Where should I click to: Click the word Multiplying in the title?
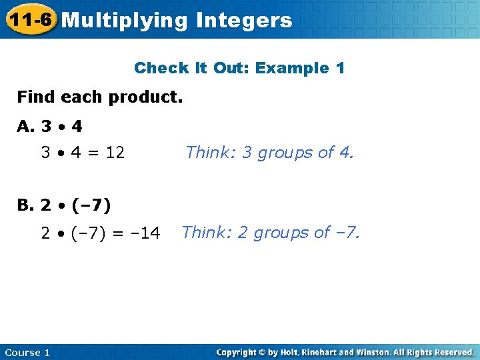pos(125,21)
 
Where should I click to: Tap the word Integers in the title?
pos(244,21)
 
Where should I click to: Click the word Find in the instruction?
pos(36,97)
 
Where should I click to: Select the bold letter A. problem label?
pos(27,126)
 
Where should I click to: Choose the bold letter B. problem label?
pos(27,205)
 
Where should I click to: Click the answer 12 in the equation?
pos(115,153)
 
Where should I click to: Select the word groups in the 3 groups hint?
pos(285,153)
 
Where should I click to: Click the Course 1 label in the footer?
pos(27,352)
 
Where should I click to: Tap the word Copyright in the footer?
pos(238,352)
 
